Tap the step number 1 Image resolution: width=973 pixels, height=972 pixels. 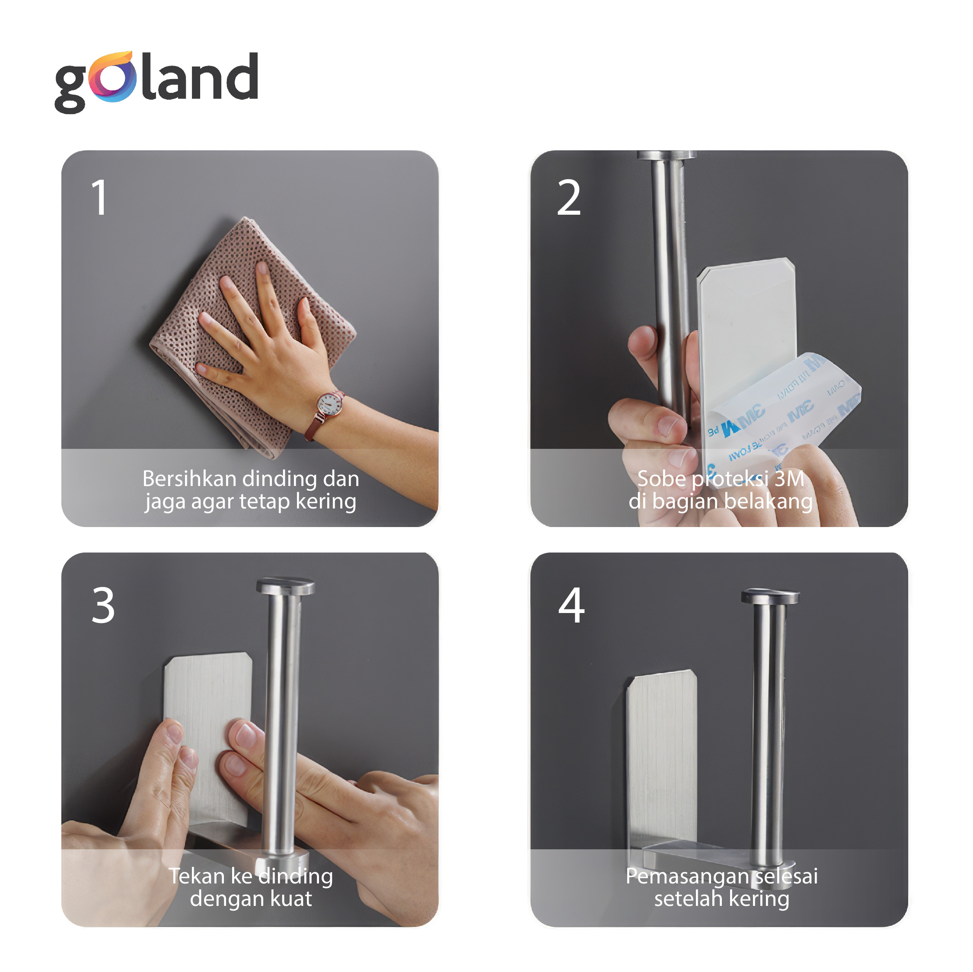pos(99,198)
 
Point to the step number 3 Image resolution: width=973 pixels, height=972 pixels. pos(103,606)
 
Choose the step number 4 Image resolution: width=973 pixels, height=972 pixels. pos(571,606)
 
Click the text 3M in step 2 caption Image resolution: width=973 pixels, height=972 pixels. pos(789,479)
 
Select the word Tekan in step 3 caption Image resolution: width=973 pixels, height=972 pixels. pos(196,877)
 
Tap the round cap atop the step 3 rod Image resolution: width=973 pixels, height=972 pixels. pos(285,586)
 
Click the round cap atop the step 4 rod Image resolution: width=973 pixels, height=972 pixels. pos(769,596)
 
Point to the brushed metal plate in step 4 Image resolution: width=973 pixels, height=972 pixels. pos(661,760)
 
